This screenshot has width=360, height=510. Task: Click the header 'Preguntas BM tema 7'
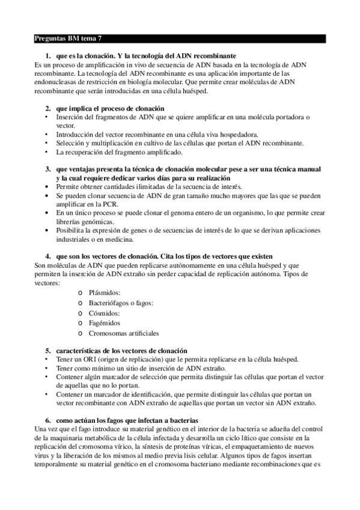tap(68, 38)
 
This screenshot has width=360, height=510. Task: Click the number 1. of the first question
tap(48, 55)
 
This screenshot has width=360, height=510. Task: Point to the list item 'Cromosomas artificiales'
tap(124, 333)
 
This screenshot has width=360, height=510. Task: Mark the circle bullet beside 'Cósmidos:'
tap(81, 313)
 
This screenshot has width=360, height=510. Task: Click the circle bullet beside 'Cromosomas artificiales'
tap(81, 334)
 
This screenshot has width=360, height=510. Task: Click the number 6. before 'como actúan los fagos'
tap(48, 419)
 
